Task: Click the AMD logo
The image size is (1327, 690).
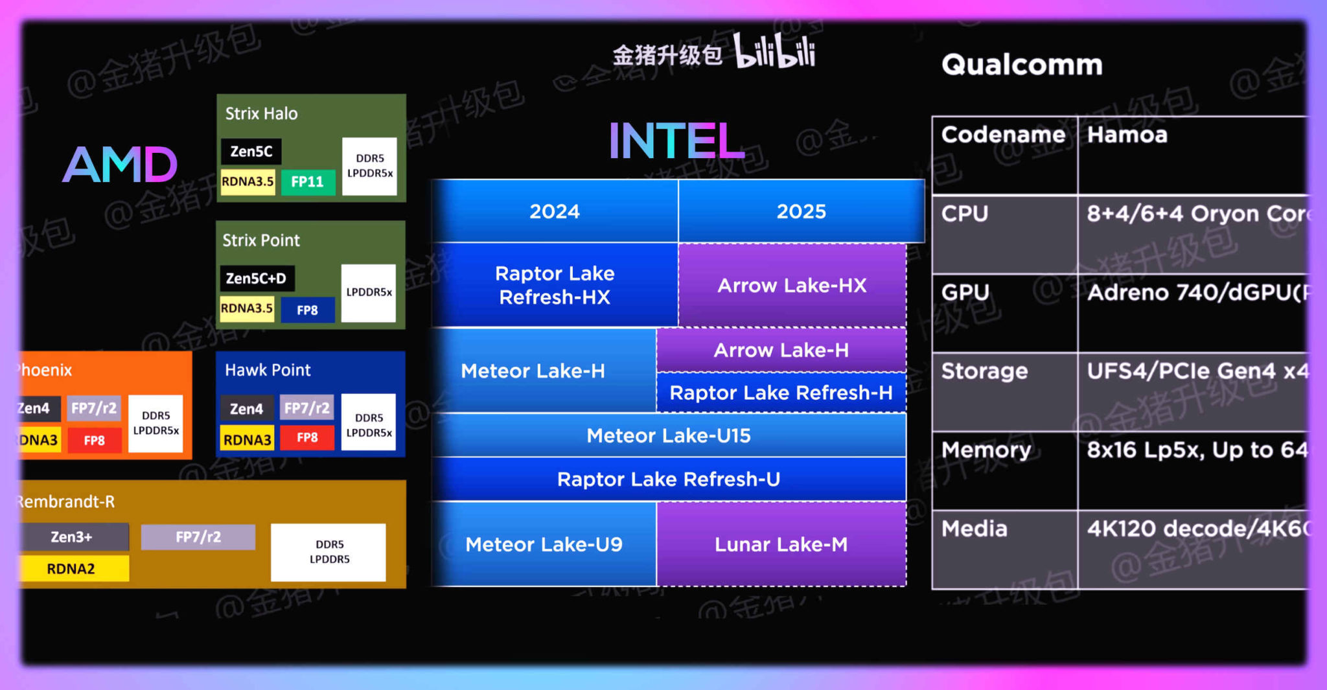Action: pos(120,165)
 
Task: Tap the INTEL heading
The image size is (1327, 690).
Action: pos(676,141)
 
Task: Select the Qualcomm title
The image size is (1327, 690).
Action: pos(1022,65)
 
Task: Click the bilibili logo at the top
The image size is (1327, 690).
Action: pos(775,52)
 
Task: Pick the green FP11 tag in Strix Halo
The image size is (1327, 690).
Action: pos(308,181)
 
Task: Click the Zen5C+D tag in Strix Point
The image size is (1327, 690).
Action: pos(257,278)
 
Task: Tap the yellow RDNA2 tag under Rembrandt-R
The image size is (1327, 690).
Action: pos(72,568)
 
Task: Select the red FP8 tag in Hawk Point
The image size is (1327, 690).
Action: pos(307,437)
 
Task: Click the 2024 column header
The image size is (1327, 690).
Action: pos(555,211)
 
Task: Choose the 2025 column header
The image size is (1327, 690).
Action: pos(802,211)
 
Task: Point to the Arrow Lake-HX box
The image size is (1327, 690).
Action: pos(792,285)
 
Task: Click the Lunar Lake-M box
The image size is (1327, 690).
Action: pos(781,544)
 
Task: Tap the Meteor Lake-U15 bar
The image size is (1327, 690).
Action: pos(668,435)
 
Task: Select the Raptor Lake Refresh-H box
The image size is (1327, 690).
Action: pos(781,393)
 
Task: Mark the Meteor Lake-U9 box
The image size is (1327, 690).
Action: pos(544,544)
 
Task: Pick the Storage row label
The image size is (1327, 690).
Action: pos(984,371)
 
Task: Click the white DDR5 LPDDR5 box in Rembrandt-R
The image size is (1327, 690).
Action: pos(329,552)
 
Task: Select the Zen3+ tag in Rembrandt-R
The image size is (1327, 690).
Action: pos(72,536)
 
